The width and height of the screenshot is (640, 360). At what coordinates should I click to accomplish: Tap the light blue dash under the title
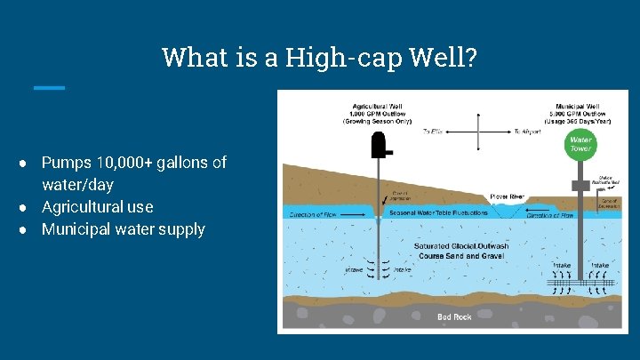coord(49,87)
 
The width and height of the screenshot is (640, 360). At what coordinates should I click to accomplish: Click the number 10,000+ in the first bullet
coord(132,163)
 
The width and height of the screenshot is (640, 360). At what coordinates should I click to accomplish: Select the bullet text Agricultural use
coord(97,207)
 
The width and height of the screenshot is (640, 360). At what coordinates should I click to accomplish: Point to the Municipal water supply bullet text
coord(123,229)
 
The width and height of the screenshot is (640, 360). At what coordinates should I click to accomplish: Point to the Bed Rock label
coord(454,317)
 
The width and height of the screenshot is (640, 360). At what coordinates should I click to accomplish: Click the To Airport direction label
coord(528,132)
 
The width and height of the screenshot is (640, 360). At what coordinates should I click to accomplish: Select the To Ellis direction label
coord(433,132)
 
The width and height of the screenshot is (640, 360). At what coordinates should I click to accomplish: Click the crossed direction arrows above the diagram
coord(479,132)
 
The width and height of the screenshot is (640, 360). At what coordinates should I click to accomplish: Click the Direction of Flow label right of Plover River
coord(551,214)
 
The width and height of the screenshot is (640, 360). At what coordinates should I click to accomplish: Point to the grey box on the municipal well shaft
coord(580,185)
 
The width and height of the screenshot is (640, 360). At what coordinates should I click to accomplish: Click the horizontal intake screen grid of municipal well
coord(580,280)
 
